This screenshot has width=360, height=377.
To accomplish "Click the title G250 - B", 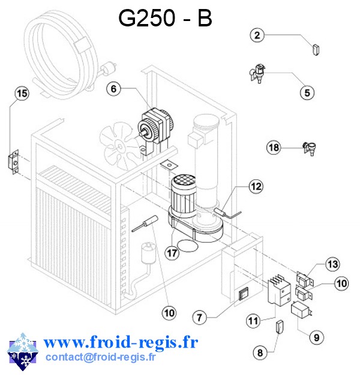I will coord(165,19).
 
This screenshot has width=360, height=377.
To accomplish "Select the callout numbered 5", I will coord(307,92).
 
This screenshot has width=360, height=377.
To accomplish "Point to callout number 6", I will coord(115,89).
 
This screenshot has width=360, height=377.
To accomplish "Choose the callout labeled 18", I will coord(274,147).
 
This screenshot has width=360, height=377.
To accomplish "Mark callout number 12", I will coord(256,187).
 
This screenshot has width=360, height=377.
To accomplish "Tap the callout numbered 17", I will coord(173,253).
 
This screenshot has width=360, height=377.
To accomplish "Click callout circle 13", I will coord(332,264).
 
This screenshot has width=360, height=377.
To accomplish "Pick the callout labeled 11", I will coord(253,321).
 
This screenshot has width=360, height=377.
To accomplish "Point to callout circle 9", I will coord(316,337).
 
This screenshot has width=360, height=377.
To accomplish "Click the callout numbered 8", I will coord(260,352).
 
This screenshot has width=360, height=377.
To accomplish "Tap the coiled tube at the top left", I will coord(60,54).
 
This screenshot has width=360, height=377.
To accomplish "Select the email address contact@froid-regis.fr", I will coord(100,358).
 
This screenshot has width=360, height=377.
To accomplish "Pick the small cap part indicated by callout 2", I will coord(316,48).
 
